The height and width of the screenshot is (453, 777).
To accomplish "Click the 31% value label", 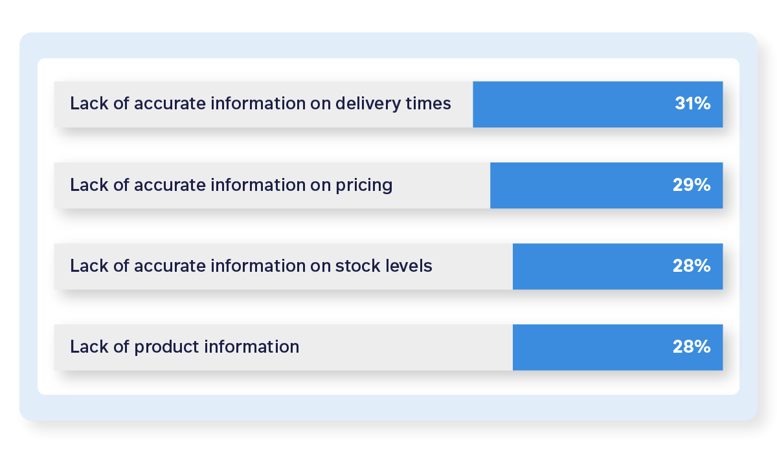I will tap(692, 104).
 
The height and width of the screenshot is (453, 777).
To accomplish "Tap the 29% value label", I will tap(692, 185).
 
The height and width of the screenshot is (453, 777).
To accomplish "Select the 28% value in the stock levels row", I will tap(692, 266).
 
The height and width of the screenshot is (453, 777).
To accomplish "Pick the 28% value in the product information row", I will tap(692, 347).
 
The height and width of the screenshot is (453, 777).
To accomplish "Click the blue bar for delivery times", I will tap(570, 104).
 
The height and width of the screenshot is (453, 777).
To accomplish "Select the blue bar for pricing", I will tap(576, 185).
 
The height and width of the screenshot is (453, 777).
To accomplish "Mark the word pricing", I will tap(363, 186).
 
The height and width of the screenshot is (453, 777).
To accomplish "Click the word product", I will tap(166, 348).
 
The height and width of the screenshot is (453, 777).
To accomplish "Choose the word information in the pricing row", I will tap(252, 185).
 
